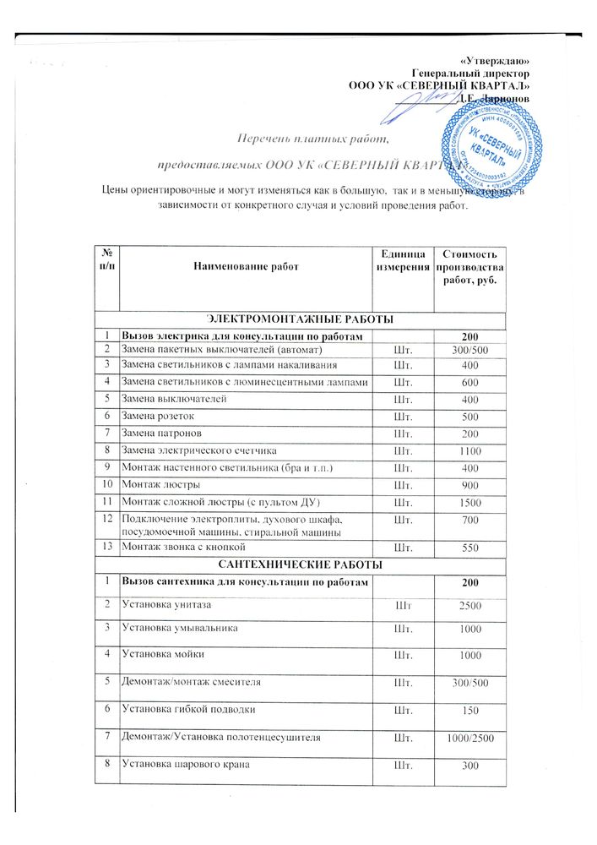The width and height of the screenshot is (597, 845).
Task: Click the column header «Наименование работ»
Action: (x=246, y=266)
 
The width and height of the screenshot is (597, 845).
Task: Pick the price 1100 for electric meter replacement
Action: (x=469, y=452)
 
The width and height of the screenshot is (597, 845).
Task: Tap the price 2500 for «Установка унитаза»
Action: (x=469, y=606)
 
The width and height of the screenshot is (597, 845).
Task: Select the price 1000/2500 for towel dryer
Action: (x=469, y=739)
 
